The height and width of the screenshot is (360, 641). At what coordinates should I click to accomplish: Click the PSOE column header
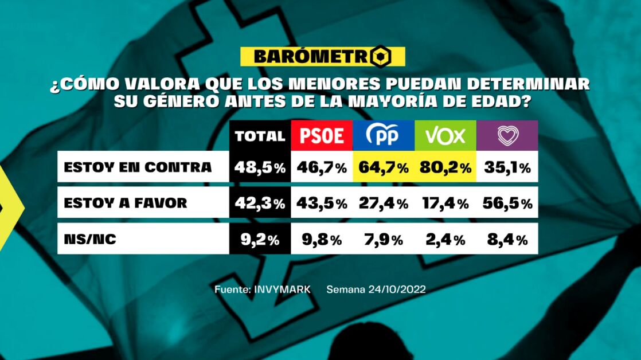322,136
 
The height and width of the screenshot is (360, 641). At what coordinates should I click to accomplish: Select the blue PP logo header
383,136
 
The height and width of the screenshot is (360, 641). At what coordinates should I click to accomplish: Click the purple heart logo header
507,136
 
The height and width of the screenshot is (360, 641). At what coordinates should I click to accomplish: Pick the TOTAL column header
260,136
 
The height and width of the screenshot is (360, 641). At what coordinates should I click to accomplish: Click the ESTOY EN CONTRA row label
138,167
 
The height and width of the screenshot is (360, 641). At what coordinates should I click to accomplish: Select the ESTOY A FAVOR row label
126,203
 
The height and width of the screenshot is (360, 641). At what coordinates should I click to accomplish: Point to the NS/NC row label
90,239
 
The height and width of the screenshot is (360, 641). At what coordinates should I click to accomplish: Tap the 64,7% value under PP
383,167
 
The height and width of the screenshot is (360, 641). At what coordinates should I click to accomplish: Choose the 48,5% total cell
260,167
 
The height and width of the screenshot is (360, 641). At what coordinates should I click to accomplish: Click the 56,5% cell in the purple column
507,203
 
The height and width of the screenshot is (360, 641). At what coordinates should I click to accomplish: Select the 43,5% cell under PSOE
322,203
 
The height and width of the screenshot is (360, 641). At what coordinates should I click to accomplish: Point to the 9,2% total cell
260,239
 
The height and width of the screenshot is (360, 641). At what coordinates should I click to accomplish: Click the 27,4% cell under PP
383,203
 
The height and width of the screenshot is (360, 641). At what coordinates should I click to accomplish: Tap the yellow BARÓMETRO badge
322,56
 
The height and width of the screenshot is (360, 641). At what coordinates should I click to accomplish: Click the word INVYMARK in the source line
282,289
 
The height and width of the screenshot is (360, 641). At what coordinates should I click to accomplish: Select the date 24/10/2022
396,289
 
